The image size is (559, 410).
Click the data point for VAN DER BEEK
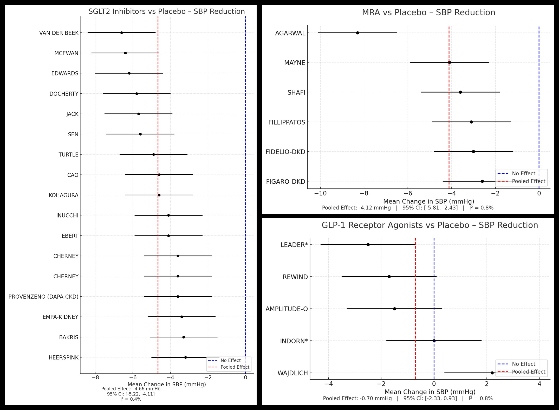pos(121,33)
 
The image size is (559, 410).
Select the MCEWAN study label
pos(66,53)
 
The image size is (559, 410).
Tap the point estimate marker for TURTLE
pos(153,155)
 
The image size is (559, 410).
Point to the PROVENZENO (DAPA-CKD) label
pos(43,297)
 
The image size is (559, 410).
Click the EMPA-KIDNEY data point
pos(182,317)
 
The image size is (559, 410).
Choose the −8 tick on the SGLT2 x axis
pos(95,377)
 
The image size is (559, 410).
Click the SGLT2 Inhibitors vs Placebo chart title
pos(166,11)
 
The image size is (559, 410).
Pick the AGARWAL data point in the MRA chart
pos(357,33)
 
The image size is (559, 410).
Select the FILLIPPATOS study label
pos(287,122)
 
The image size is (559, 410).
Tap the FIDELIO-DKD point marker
pos(473,152)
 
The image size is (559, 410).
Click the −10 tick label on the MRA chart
pos(320,194)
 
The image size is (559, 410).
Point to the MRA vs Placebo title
pos(428,12)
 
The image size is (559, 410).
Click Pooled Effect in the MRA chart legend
pos(528,181)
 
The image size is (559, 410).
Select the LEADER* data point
pos(368,245)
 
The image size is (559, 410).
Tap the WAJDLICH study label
pos(292,373)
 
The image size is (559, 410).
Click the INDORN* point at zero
pos(434,341)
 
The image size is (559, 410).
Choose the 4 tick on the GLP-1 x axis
pos(539,384)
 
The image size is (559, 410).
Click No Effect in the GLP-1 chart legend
pos(523,364)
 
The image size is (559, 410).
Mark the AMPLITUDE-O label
pos(287,309)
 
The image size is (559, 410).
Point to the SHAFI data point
pos(460,92)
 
